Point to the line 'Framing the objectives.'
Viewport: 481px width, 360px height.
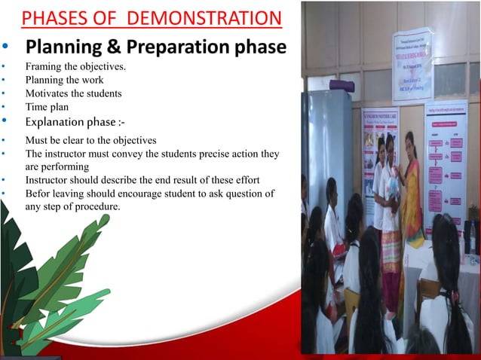click(75, 67)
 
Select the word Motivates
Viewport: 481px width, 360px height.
click(47, 93)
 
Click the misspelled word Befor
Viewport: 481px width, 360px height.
click(38, 194)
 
